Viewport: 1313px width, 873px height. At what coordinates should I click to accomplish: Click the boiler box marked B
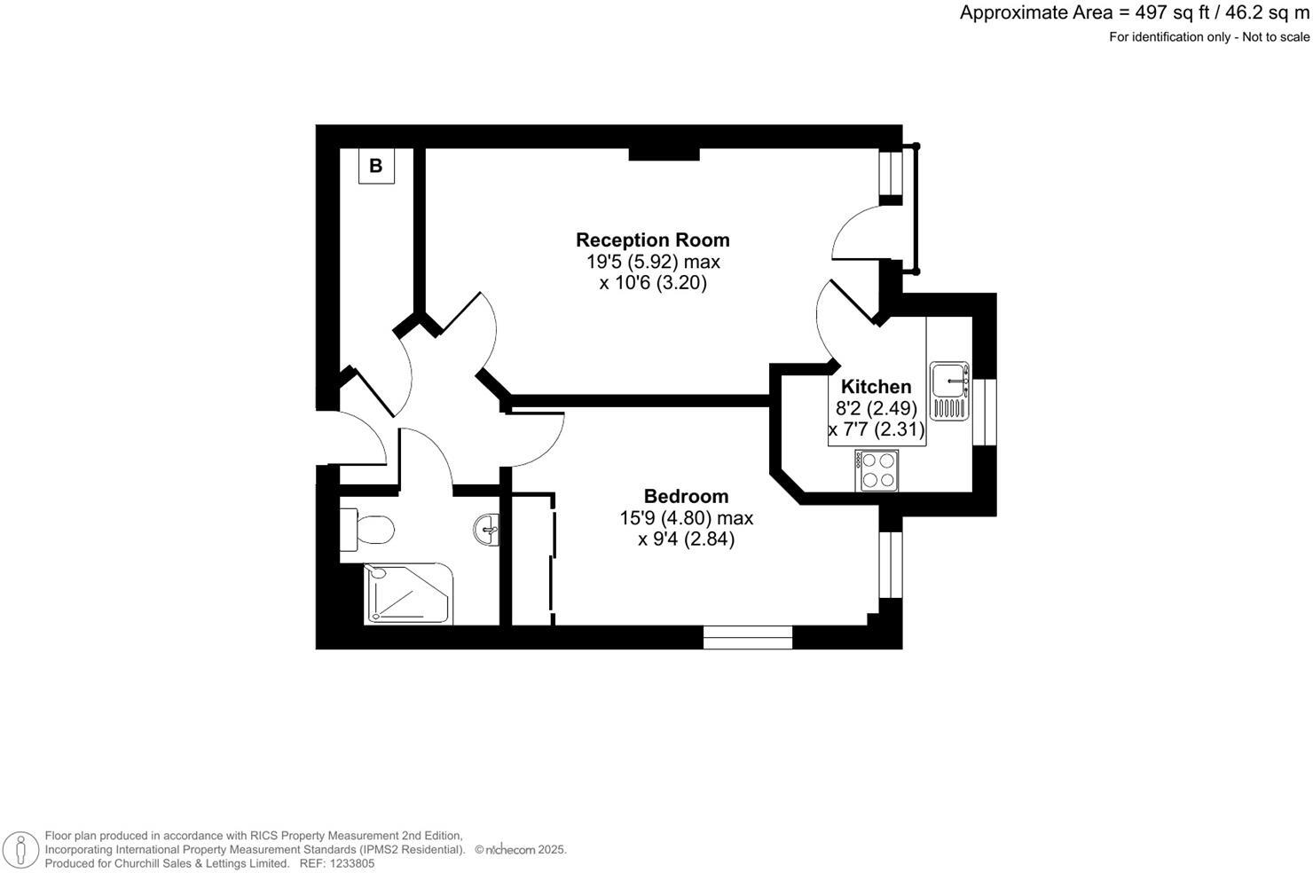[375, 166]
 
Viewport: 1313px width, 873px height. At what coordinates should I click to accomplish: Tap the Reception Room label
[652, 240]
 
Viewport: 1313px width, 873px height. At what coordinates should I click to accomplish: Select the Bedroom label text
[686, 496]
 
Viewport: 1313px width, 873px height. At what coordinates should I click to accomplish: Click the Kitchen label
[876, 387]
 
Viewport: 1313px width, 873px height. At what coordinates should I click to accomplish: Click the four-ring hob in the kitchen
[877, 470]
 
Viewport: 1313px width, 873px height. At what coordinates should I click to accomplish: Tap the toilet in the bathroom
[367, 530]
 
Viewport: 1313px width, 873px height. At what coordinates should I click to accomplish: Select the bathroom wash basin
[487, 530]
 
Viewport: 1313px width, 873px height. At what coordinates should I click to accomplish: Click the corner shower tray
[408, 593]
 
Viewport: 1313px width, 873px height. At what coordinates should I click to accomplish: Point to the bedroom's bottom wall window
[748, 636]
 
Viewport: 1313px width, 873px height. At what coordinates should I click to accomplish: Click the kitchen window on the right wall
[984, 413]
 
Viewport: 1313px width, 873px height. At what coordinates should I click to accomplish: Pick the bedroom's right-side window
[891, 564]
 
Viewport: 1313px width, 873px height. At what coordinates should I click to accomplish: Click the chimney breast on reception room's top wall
[664, 154]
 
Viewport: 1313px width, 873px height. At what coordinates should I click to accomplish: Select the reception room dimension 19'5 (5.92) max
[652, 262]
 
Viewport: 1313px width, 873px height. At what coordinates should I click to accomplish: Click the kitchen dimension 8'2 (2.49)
[876, 409]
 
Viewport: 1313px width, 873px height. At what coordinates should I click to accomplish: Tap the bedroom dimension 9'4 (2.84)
[686, 539]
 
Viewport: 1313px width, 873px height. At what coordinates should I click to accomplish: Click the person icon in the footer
[20, 850]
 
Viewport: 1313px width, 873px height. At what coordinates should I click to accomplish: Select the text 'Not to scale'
[1275, 37]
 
